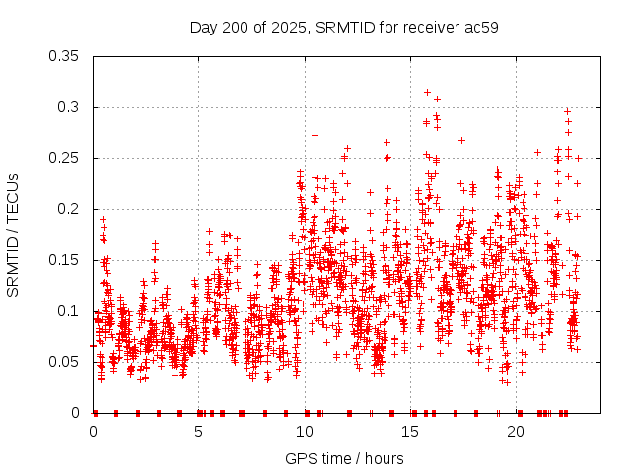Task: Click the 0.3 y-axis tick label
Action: pos(72,107)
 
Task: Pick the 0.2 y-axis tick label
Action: pos(72,209)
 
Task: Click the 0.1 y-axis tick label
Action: pos(72,310)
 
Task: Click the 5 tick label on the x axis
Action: pos(199,432)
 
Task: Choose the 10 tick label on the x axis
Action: pos(305,432)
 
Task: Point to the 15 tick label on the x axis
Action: pos(410,432)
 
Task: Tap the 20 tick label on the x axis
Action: pos(516,432)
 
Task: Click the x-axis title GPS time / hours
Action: pos(344,458)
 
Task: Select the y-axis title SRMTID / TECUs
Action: pos(14,235)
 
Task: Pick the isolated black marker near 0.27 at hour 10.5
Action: pos(315,135)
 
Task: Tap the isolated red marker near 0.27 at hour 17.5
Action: pos(461,140)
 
